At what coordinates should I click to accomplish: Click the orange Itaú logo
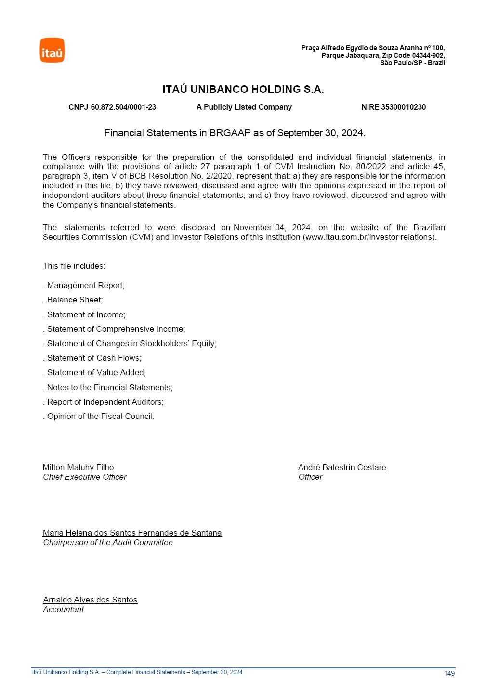pos(52,50)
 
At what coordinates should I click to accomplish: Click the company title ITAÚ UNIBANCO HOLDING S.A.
pos(243,90)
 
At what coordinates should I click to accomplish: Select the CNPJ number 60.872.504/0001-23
pos(123,107)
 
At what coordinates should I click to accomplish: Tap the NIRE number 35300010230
pos(403,107)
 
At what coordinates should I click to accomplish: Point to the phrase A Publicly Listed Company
pos(244,107)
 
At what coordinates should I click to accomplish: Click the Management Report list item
pos(85,286)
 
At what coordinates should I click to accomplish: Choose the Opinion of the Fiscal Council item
pos(100,417)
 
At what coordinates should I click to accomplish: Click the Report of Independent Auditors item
pos(105,402)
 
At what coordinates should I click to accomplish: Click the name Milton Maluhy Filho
pos(78,468)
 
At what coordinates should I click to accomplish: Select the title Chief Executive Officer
pos(85,477)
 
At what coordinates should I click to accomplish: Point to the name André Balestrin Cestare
pos(342,468)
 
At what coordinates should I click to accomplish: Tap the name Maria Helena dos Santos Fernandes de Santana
pos(132,533)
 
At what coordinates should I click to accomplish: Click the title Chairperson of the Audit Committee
pos(108,543)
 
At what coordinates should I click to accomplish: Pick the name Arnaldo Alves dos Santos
pos(90,600)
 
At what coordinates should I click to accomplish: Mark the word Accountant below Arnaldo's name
pos(63,610)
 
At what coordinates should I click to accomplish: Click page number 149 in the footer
pos(449,673)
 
